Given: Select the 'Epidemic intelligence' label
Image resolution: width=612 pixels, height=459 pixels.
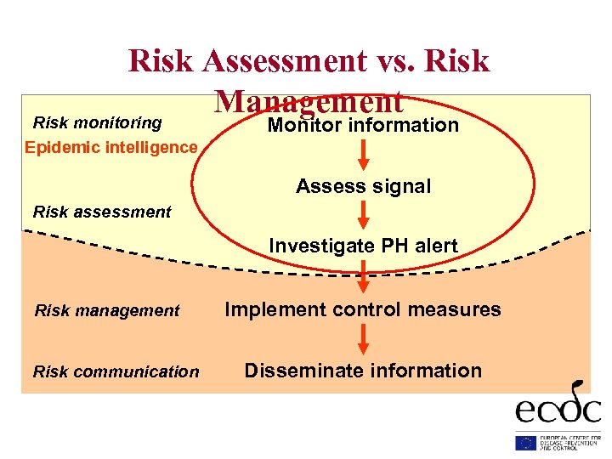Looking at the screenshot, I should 110,147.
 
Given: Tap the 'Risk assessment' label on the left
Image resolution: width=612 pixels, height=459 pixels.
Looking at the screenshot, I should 102,212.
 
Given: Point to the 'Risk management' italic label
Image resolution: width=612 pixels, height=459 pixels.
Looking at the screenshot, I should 107,311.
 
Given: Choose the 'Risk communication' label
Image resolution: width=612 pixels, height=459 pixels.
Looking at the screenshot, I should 116,371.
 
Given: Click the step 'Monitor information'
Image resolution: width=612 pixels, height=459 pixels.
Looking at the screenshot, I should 363,126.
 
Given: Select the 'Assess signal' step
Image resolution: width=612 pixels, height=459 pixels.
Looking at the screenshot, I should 363,186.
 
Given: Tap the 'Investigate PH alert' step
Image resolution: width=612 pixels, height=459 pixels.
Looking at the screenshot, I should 363,246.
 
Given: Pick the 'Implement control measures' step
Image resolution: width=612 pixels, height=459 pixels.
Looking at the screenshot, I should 363,309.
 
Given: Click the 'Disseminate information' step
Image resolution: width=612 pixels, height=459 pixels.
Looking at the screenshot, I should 363,371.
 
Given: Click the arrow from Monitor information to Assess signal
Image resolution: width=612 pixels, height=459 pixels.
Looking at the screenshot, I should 363,155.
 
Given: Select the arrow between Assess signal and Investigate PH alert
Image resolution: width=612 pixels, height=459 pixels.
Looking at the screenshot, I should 363,216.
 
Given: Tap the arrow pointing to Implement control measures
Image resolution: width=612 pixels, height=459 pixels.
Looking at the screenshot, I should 363,278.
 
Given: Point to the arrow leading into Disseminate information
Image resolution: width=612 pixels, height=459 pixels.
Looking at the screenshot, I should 363,339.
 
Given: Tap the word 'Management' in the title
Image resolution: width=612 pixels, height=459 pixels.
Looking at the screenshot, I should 309,101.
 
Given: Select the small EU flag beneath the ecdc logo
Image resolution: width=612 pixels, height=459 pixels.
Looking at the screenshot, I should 525,442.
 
